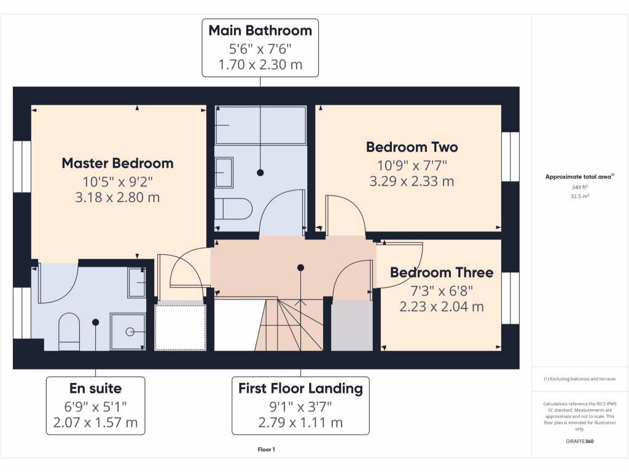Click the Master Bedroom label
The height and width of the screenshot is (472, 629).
point(117,163)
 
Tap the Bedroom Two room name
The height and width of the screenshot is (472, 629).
point(412,147)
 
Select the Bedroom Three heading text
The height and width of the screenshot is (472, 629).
point(441,273)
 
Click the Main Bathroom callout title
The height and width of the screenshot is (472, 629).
point(260,31)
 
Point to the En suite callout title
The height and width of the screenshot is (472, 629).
point(95,388)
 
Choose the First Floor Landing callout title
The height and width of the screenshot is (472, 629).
point(300,388)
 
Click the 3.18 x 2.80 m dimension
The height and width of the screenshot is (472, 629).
point(117,197)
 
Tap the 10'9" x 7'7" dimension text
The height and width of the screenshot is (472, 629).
point(412,165)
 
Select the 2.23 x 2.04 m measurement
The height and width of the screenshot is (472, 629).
point(441,306)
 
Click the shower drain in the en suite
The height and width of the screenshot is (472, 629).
point(130,332)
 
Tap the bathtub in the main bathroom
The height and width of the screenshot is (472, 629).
point(260,125)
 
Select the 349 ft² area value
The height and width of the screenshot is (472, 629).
point(580,187)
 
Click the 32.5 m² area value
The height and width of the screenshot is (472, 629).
point(580,197)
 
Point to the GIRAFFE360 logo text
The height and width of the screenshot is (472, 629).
point(580,441)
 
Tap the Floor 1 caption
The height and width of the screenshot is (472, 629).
point(266,450)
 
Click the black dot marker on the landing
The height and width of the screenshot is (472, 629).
point(300,267)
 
